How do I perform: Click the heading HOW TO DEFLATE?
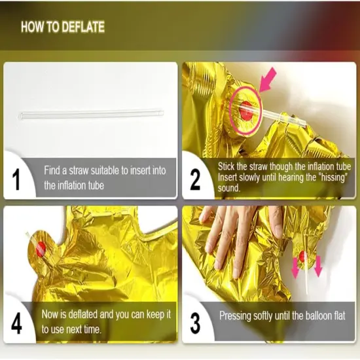click(x=62, y=27)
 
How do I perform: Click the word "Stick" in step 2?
click(x=228, y=167)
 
